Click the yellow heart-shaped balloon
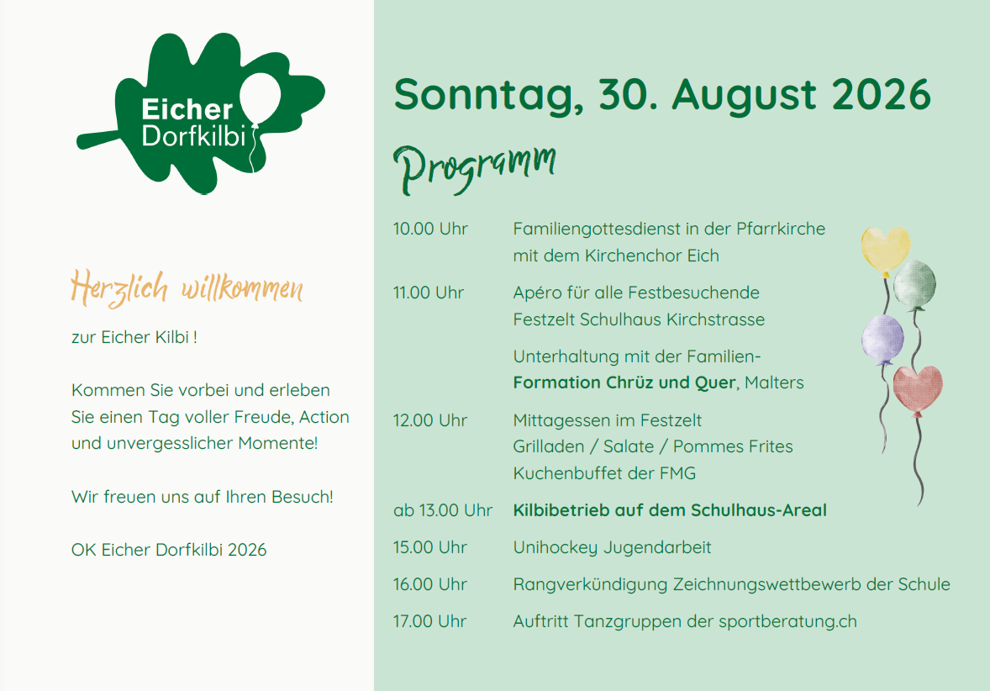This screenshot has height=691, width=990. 886,251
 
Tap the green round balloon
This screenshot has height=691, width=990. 915,285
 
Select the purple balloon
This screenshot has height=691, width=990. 882,340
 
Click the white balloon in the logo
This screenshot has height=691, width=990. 261,98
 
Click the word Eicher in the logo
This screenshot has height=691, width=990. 187,109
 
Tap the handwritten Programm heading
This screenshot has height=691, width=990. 475,167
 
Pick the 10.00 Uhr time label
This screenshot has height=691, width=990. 430,229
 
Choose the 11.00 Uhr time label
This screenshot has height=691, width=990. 428,293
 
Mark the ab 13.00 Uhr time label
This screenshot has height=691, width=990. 443,510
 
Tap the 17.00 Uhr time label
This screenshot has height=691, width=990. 429,621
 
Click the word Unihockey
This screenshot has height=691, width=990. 555,547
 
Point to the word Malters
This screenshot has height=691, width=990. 774,382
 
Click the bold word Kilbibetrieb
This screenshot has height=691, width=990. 562,510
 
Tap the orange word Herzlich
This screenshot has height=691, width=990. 119,288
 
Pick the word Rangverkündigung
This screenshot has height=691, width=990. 590,585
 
